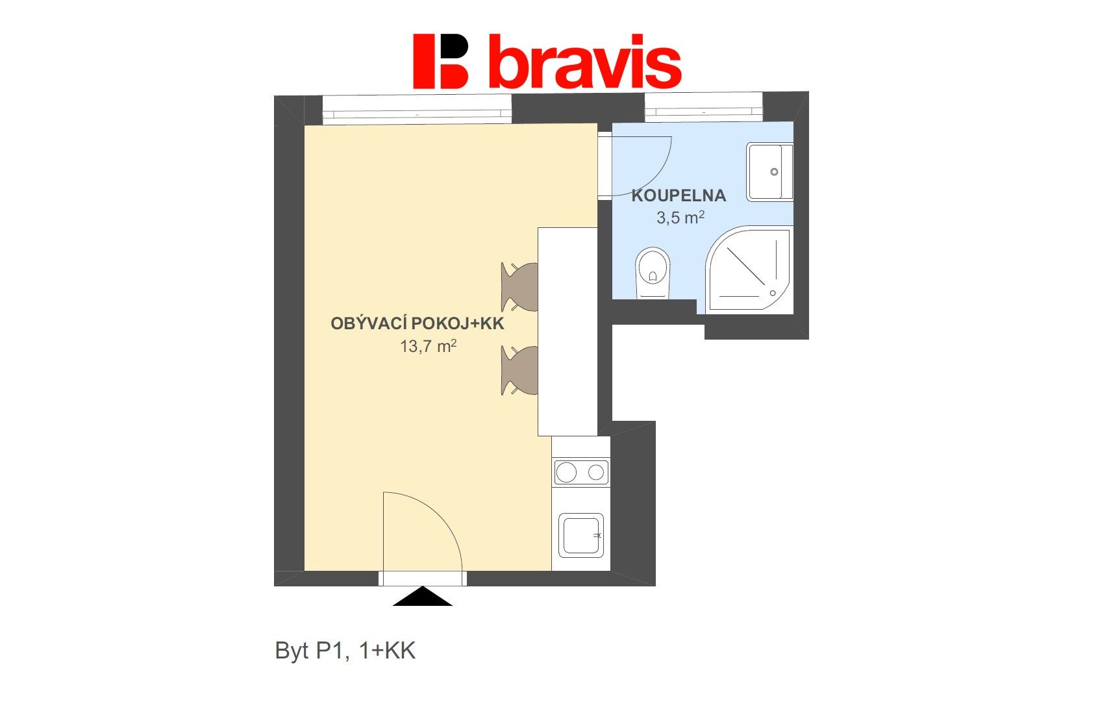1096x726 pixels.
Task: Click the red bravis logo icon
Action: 440,61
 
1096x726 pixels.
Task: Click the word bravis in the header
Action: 585,61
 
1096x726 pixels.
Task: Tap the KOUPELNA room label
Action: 679,195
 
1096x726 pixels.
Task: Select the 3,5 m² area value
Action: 680,217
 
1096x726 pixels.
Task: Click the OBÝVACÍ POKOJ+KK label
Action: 417,323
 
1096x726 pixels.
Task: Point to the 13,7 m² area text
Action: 428,346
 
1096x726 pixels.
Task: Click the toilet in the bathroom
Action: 653,273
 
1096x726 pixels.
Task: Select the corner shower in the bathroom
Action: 749,269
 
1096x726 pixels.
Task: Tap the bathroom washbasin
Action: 769,171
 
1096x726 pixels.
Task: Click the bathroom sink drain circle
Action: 774,171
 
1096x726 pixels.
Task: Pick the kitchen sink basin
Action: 581,535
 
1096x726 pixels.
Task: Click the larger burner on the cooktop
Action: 566,473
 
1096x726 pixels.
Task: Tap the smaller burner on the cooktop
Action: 596,473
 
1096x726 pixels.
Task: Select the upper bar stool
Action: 519,286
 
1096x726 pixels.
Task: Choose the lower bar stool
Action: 519,370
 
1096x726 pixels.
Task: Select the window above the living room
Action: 417,109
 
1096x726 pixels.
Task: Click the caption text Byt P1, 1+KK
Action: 345,651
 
